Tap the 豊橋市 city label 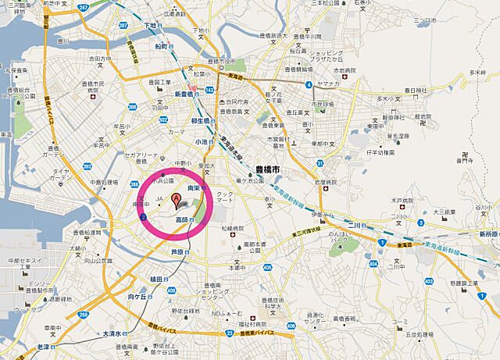pyautogui.click(x=268, y=169)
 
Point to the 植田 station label pyautogui.click(x=155, y=279)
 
